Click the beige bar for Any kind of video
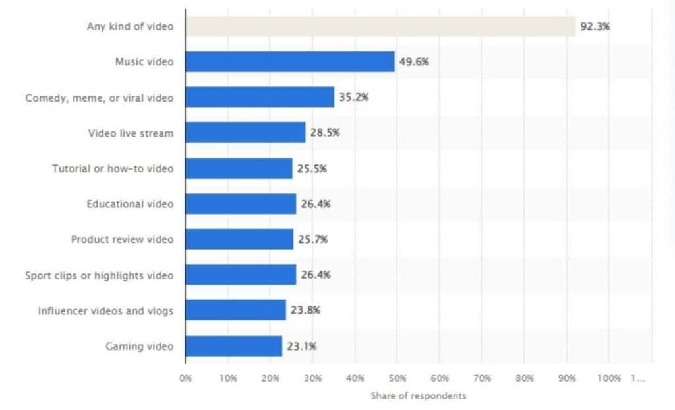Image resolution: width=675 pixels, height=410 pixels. [x=380, y=26]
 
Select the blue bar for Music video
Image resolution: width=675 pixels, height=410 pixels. [x=290, y=61]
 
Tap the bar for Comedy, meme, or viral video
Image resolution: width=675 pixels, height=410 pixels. [x=260, y=97]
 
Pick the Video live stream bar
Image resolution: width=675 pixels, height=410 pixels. [x=245, y=132]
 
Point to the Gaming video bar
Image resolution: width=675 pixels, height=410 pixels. [x=234, y=346]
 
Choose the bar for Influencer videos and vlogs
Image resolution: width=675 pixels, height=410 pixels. [x=235, y=310]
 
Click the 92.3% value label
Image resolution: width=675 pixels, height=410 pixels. [x=595, y=26]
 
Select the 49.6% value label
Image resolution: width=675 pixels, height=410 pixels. [x=414, y=62]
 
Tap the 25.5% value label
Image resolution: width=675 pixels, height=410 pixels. [x=312, y=169]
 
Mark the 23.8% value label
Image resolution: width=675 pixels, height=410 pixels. [x=305, y=310]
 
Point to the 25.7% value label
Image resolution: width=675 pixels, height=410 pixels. [x=312, y=240]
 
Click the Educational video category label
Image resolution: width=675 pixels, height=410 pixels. [x=130, y=204]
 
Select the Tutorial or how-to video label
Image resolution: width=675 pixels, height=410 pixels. [x=113, y=168]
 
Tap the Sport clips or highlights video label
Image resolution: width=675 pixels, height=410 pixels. [x=100, y=275]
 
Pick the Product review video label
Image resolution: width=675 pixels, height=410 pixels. [x=122, y=239]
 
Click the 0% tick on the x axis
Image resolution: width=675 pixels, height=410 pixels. [x=185, y=378]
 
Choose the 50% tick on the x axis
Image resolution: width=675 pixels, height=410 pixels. [x=397, y=378]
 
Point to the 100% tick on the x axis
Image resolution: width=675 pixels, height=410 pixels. [x=608, y=378]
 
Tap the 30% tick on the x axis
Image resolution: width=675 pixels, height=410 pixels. [x=312, y=378]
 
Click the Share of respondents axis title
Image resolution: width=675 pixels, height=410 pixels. [x=419, y=395]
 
